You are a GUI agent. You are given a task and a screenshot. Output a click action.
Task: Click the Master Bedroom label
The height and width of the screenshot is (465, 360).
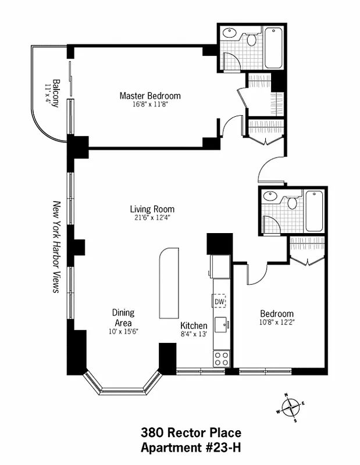pos(150,96)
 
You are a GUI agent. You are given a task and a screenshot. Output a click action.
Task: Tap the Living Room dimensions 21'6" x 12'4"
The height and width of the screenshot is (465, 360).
pos(152,217)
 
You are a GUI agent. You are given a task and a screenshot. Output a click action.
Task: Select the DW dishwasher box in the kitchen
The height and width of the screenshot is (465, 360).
pos(219,302)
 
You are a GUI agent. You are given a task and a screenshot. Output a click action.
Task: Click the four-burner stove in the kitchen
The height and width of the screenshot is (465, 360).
pos(222,359)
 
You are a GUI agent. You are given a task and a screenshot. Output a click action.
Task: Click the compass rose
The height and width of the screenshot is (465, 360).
pos(290,407)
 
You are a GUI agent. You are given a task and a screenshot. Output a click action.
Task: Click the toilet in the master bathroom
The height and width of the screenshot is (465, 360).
pos(252,39)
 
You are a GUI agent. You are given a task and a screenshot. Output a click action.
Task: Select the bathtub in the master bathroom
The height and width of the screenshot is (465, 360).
pos(273,48)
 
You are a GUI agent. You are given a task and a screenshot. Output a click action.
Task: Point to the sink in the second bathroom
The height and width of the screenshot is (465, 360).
pos(270,196)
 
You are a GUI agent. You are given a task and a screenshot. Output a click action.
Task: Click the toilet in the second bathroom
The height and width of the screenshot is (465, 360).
pos(293,203)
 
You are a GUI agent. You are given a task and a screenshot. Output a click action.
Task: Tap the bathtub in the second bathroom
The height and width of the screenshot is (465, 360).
pos(314,211)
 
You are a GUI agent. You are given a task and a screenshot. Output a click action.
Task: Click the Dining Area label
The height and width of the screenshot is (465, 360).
pos(123,317)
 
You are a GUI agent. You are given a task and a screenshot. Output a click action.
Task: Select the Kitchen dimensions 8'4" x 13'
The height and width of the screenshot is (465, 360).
pos(194,334)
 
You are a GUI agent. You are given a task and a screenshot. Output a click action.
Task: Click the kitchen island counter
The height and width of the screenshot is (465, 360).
pos(169,283)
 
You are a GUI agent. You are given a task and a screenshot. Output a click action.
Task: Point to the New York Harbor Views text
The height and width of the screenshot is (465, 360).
pos(56,247)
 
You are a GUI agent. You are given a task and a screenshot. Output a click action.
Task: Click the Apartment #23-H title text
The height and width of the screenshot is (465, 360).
pos(191,447)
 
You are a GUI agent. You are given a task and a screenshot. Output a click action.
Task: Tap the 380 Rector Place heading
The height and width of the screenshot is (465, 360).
pos(191,432)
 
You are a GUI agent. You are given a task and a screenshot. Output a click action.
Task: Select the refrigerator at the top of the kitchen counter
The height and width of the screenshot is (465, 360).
pos(220,267)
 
